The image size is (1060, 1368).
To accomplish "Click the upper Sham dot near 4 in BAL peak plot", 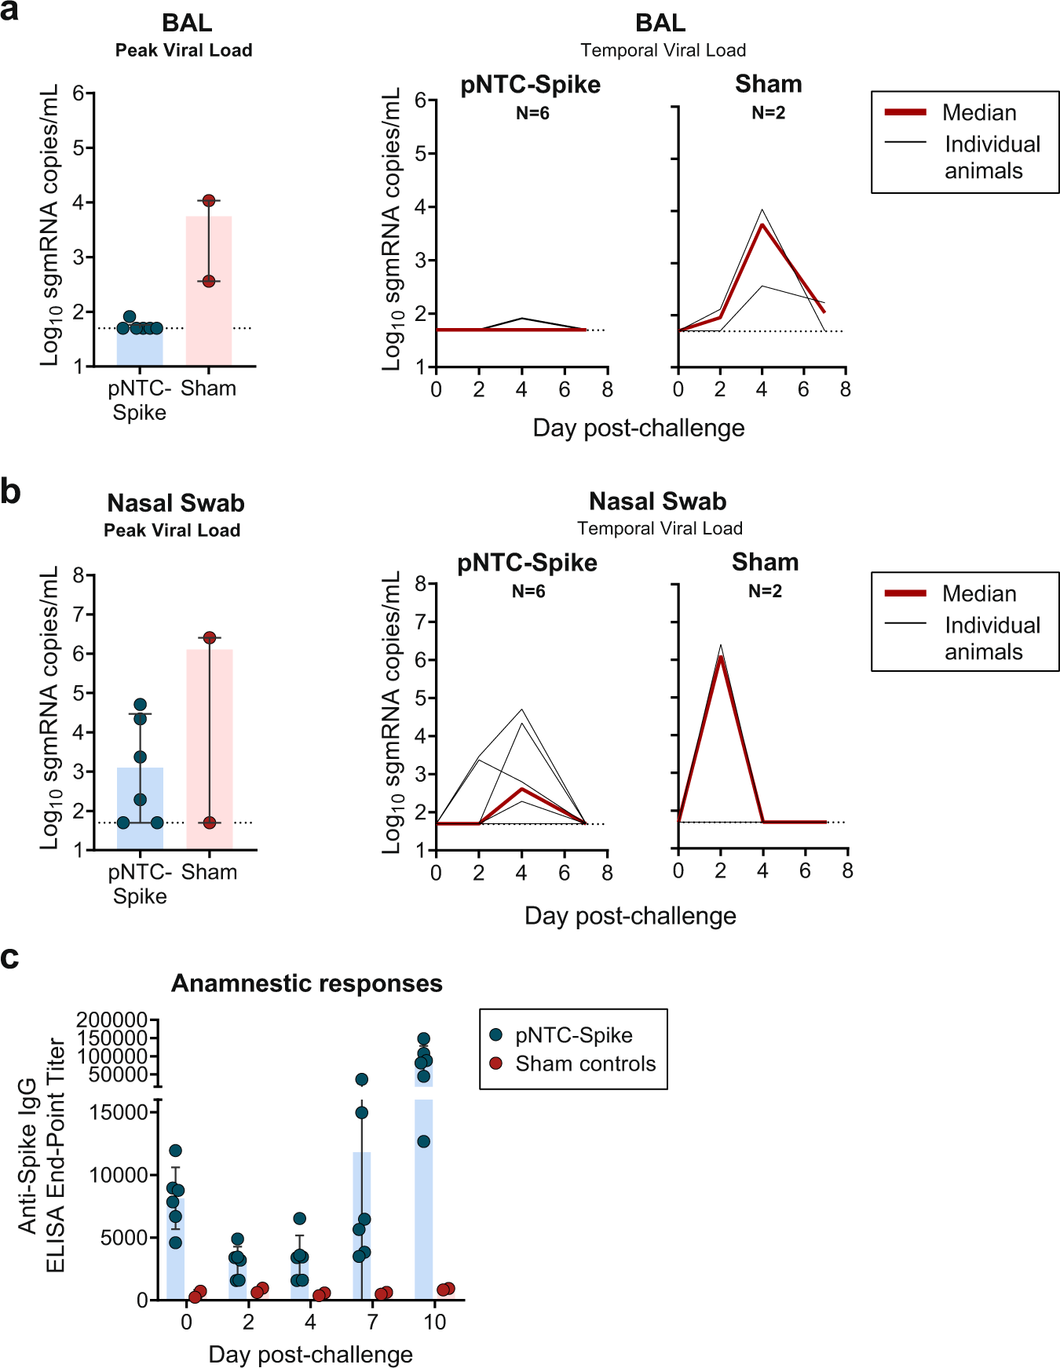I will click(209, 201).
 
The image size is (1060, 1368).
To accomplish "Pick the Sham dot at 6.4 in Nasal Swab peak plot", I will click(210, 637).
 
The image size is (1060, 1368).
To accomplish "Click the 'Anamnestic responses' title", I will click(307, 983).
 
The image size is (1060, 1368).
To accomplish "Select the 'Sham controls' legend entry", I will click(585, 1063).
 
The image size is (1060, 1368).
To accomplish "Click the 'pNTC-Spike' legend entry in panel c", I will click(573, 1035).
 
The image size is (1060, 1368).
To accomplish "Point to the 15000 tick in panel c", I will click(119, 1112).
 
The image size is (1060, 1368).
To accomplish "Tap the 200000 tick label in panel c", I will click(112, 1020).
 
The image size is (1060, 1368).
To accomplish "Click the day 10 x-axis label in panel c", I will click(434, 1322).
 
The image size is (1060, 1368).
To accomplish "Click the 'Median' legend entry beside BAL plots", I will click(979, 112).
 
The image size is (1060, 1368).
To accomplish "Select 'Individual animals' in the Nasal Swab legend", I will click(992, 638).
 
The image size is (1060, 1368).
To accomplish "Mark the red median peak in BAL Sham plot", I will click(762, 225).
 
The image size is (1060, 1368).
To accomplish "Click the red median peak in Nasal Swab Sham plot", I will click(721, 657).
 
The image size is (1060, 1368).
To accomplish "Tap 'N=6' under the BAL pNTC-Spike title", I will click(532, 113).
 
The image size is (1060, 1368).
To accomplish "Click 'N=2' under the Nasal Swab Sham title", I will click(765, 591).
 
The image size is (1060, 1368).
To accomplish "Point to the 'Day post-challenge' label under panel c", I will click(310, 1354).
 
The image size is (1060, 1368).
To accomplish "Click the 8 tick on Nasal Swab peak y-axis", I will click(79, 575).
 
